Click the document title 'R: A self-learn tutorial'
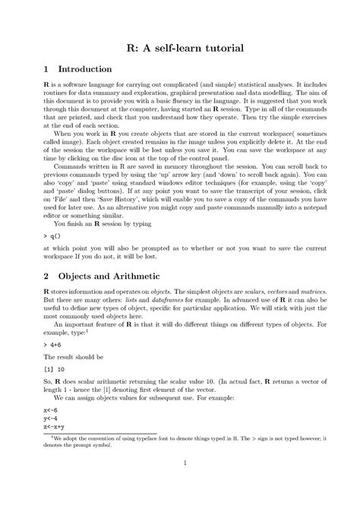179,48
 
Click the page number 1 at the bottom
179,483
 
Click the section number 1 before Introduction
47,69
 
